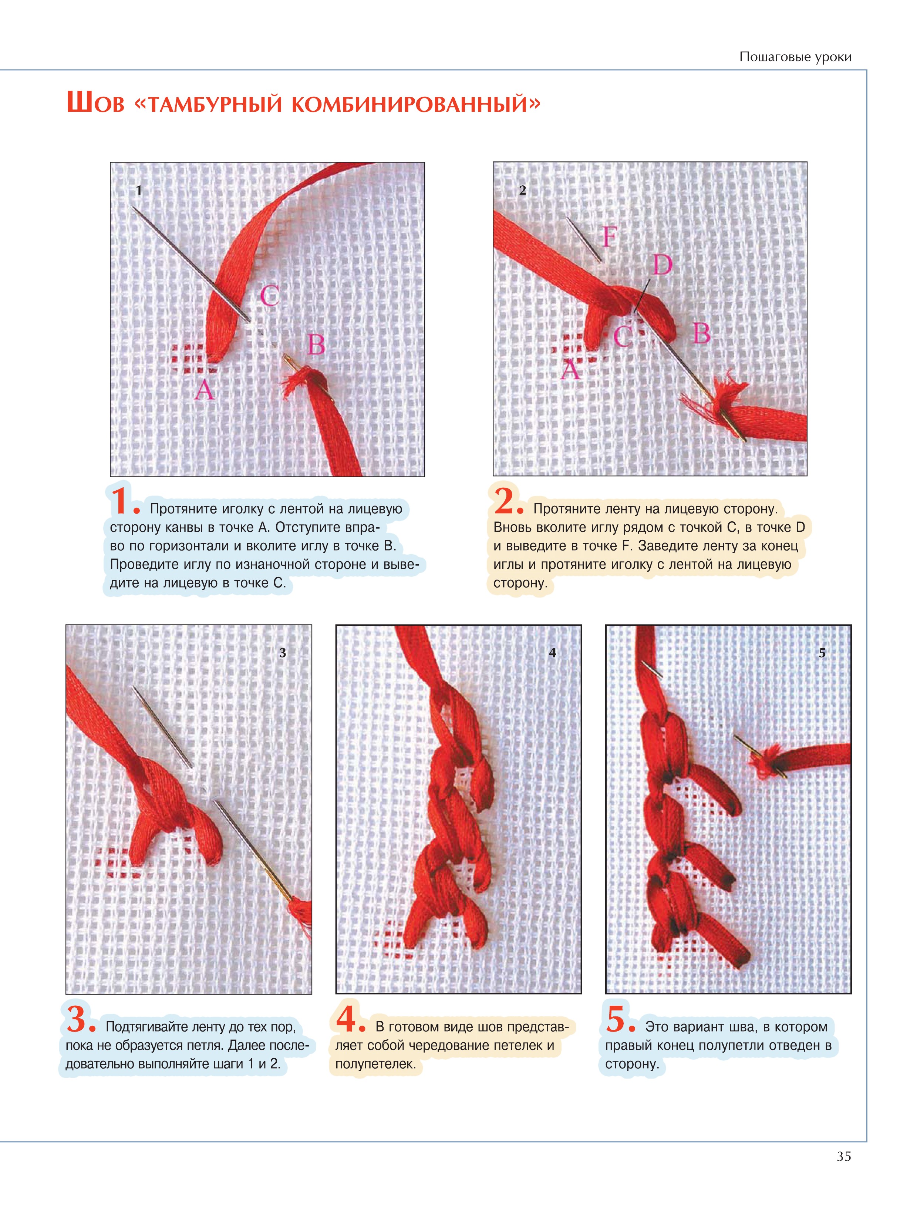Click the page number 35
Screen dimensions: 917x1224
843,1156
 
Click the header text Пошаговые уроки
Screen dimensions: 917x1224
795,57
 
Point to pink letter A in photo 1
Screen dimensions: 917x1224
204,390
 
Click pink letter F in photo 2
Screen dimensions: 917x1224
609,237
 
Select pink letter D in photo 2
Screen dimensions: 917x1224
663,265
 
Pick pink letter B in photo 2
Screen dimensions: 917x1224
701,334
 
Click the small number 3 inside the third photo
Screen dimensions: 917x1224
283,653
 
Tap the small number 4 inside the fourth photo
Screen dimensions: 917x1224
552,653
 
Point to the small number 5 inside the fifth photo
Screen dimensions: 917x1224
822,653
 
